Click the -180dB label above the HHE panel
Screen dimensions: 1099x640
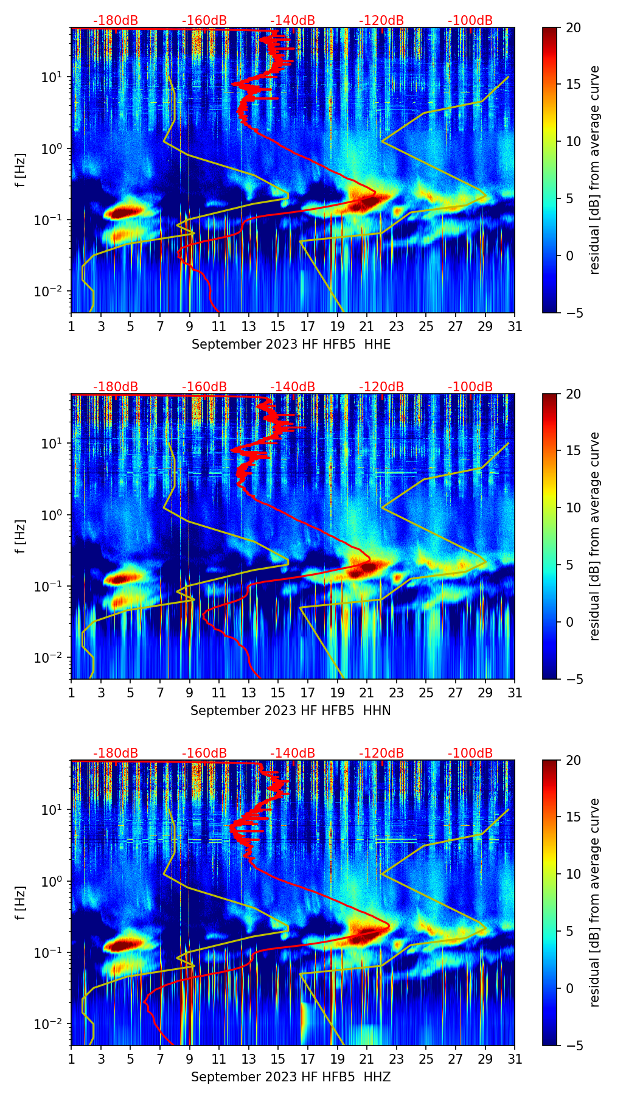click(116, 21)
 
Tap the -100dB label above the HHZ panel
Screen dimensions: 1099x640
click(470, 753)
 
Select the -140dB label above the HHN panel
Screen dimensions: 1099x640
click(293, 387)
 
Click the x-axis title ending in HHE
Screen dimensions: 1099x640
click(291, 344)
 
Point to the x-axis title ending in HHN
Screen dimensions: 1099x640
click(291, 711)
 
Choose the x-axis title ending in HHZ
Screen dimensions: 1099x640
click(291, 1077)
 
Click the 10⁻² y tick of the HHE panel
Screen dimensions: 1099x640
click(50, 291)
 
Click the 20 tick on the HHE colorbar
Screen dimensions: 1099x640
click(573, 27)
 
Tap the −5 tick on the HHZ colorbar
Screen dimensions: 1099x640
click(572, 1045)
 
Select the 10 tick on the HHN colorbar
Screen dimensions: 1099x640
click(573, 508)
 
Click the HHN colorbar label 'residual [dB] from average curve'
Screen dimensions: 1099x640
click(595, 536)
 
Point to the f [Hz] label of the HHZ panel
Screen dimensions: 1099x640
click(21, 902)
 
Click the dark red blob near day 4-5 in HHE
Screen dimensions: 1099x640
click(125, 211)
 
